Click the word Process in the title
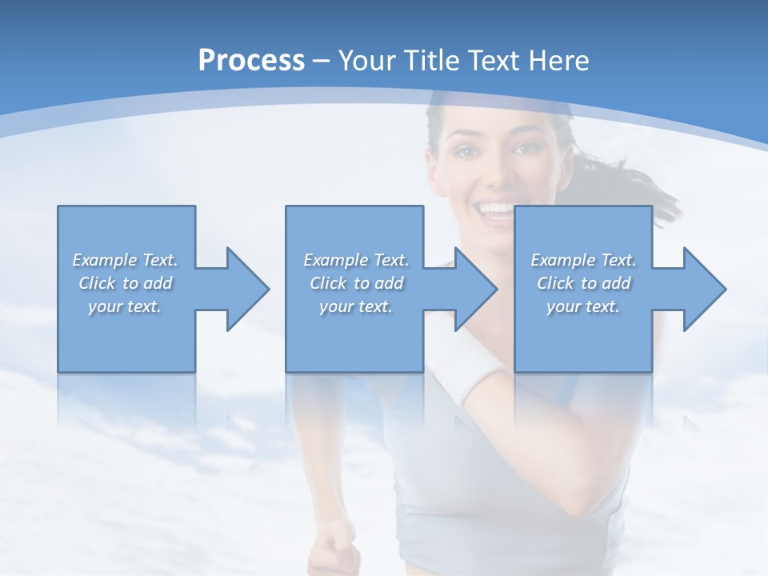[x=251, y=61]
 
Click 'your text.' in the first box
[x=125, y=306]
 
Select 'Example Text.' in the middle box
[x=355, y=260]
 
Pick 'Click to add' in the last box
[x=583, y=283]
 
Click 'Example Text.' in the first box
[x=125, y=260]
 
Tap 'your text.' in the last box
[x=583, y=306]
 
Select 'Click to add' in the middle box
[x=355, y=283]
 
